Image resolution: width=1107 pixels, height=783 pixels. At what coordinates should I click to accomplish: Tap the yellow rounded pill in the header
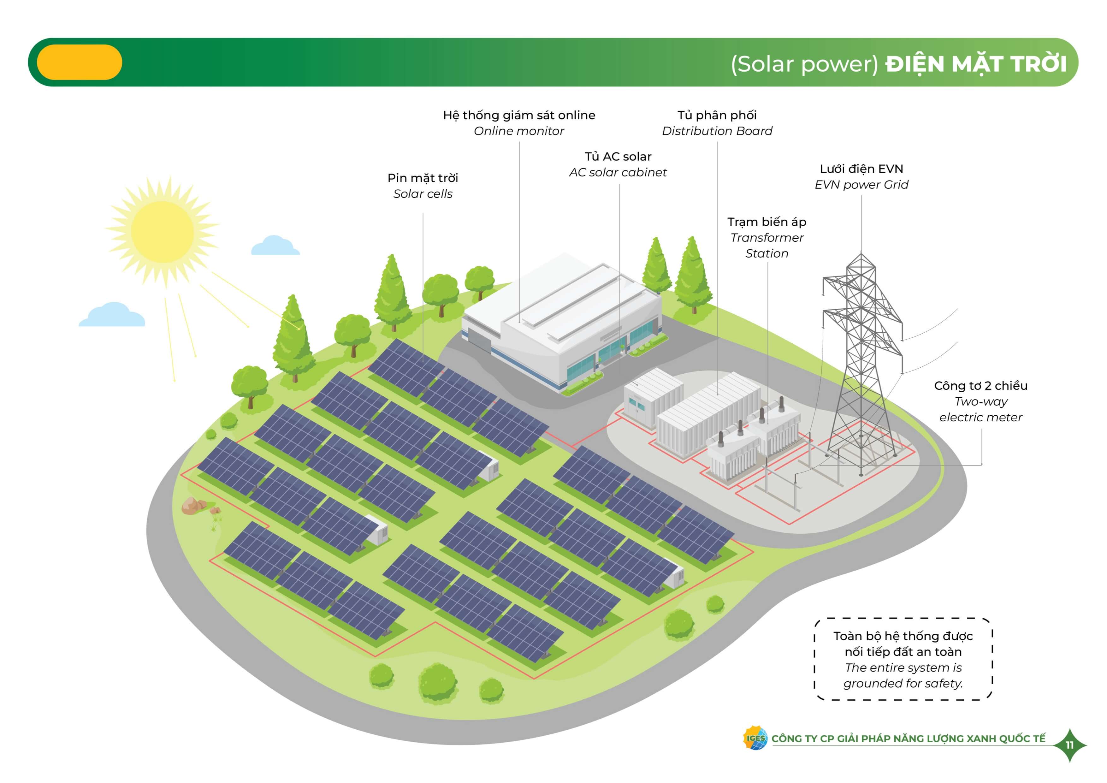pyautogui.click(x=80, y=62)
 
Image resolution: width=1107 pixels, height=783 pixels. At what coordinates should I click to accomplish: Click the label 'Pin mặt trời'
pyautogui.click(x=423, y=178)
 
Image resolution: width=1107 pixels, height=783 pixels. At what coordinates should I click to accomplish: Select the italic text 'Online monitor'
pyautogui.click(x=519, y=131)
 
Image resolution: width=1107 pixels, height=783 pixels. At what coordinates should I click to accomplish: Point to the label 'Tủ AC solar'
pyautogui.click(x=618, y=157)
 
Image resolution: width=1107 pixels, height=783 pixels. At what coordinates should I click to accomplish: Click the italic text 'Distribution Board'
pyautogui.click(x=717, y=131)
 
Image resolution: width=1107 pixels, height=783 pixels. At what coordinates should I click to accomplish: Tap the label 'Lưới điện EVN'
pyautogui.click(x=861, y=169)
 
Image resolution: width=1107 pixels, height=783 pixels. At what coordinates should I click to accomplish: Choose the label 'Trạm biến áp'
pyautogui.click(x=767, y=222)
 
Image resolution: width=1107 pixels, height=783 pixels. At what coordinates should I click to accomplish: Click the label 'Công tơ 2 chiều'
pyautogui.click(x=981, y=386)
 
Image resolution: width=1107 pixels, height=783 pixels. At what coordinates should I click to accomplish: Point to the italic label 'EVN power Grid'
pyautogui.click(x=861, y=185)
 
